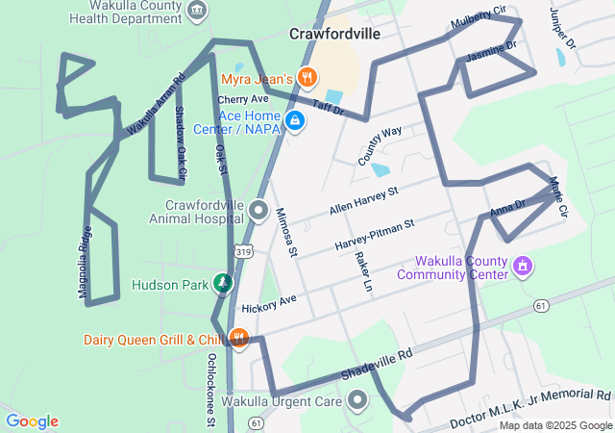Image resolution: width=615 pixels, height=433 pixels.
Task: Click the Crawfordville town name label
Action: pos(334,34)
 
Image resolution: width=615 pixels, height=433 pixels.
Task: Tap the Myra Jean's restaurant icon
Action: pos(307,76)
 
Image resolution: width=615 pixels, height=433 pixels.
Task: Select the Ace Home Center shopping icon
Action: pos(295,120)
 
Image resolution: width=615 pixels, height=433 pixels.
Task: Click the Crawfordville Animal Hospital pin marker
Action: pos(258,209)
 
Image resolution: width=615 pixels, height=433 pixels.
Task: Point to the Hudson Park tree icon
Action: pos(223,283)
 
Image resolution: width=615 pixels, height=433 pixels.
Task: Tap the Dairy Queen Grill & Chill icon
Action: pos(239,339)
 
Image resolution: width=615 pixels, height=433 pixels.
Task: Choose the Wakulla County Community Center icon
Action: pos(523,265)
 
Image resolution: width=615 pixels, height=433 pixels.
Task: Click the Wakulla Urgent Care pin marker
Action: pos(357,399)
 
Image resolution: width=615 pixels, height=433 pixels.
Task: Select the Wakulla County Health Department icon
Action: pos(197,11)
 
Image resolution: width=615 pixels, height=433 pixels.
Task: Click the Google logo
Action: pos(32,421)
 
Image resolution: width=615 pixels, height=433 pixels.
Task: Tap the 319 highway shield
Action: pos(246,251)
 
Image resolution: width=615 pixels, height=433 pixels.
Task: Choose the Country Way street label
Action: pos(380,145)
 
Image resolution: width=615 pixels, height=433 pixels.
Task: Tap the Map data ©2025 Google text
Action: pos(554,425)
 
